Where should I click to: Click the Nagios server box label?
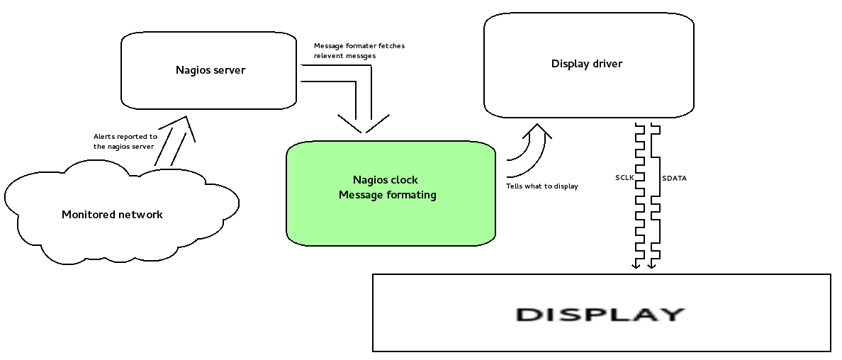coord(210,70)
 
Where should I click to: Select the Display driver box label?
coord(586,64)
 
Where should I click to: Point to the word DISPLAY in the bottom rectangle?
coord(600,314)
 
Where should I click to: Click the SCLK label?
coord(624,178)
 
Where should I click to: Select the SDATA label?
coord(673,178)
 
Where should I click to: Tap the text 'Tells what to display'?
coord(541,186)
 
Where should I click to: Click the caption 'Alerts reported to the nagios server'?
coord(125,141)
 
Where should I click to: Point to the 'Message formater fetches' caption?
coord(359,46)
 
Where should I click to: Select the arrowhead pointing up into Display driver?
coord(537,130)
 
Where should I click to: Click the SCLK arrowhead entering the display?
coord(636,266)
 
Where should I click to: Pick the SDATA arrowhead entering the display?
coord(652,266)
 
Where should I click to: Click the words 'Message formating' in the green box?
coord(387,195)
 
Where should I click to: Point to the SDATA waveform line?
coord(656,213)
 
